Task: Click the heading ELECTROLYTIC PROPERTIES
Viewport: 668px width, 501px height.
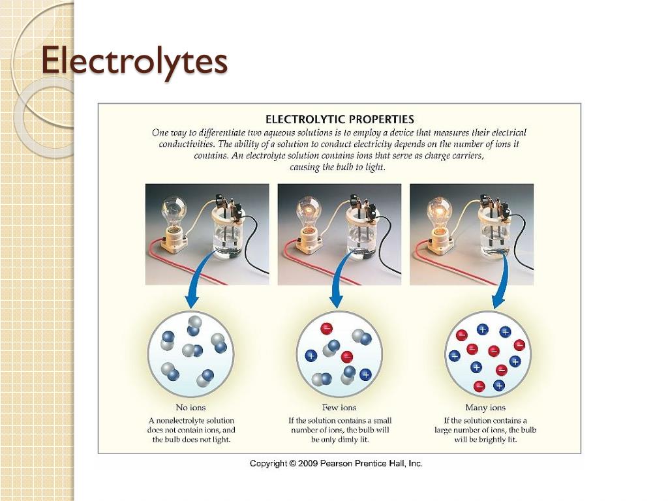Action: click(x=339, y=119)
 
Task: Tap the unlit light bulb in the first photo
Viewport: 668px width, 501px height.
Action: click(x=174, y=209)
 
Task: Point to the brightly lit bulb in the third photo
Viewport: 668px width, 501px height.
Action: click(x=438, y=211)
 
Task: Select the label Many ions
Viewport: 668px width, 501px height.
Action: click(x=485, y=408)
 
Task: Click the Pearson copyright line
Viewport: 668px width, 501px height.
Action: click(x=336, y=463)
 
